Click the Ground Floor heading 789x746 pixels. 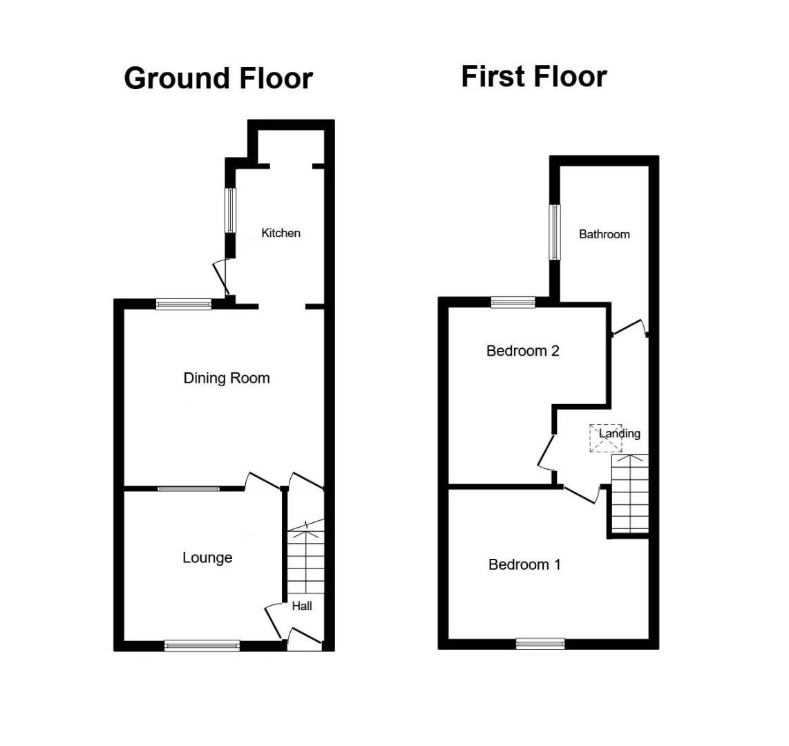point(218,79)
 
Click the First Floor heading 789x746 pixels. point(533,76)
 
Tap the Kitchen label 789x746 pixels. point(281,233)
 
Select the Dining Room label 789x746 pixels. point(226,378)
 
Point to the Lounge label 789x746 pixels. point(207,557)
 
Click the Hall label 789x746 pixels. point(302,606)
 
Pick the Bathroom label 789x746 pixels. point(604,234)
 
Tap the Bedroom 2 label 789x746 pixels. point(522,351)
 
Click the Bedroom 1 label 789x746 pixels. point(524,564)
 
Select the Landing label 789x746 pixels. point(619,434)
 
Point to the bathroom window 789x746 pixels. point(554,232)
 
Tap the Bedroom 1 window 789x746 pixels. point(540,644)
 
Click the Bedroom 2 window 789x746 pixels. point(513,302)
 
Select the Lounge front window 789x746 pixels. point(202,646)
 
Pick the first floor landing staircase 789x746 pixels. point(629,493)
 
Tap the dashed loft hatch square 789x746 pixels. point(605,438)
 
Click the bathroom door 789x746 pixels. point(629,327)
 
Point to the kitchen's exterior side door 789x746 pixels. point(221,277)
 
